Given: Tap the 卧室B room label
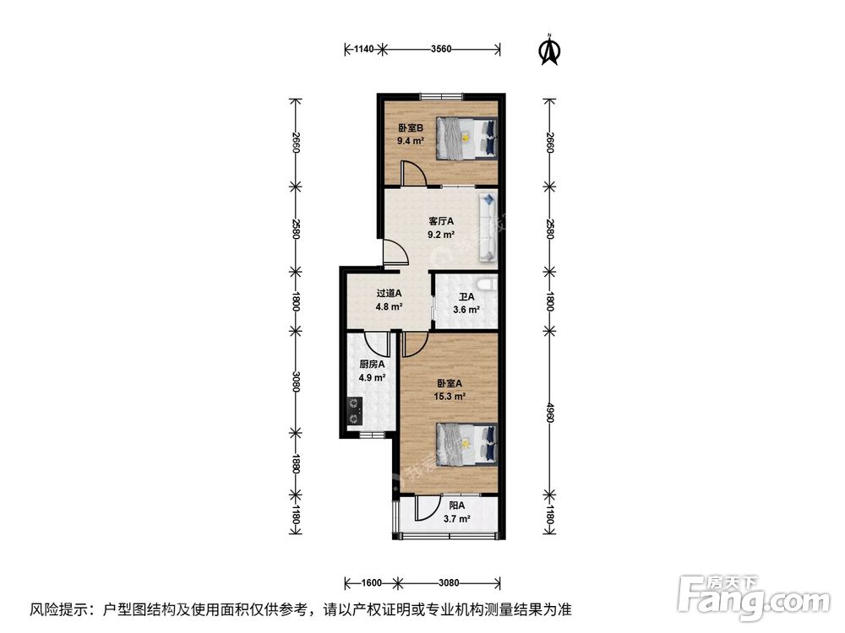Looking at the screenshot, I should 411,128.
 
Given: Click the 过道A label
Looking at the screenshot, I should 389,294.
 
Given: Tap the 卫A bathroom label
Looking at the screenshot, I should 466,297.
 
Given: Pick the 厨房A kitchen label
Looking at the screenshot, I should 372,365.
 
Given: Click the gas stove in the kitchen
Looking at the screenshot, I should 353,411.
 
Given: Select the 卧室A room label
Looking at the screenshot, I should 450,381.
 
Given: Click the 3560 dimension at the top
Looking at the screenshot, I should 440,50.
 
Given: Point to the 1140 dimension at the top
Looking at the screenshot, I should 363,50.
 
